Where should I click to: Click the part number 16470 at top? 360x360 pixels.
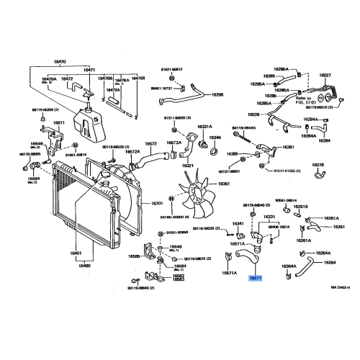(x=60, y=63)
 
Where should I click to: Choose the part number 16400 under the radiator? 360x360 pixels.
(x=84, y=266)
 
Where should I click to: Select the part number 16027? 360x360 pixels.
(x=325, y=74)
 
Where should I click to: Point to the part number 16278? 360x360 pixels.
(x=318, y=165)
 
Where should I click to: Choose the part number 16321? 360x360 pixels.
(x=188, y=166)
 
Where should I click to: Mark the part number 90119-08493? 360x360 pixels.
(x=244, y=128)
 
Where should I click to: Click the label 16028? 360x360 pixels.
(x=254, y=114)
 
